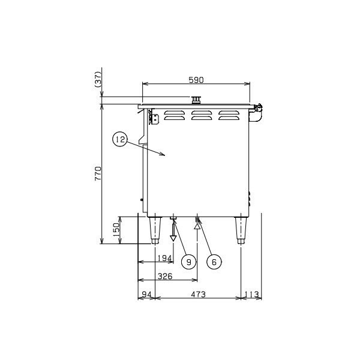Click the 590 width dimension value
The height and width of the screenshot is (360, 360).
(x=196, y=80)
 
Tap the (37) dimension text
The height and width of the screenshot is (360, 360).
(x=98, y=79)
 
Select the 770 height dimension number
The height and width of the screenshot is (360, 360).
(x=98, y=173)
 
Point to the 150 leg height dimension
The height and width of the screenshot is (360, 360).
(x=116, y=230)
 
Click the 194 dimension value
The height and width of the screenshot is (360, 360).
(x=164, y=258)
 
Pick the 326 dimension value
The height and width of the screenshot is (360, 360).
(x=165, y=276)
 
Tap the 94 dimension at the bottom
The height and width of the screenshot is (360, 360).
(x=147, y=294)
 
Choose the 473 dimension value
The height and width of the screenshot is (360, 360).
(x=198, y=294)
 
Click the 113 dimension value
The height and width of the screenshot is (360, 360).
(x=252, y=294)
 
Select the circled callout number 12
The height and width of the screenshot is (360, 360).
(x=120, y=139)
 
